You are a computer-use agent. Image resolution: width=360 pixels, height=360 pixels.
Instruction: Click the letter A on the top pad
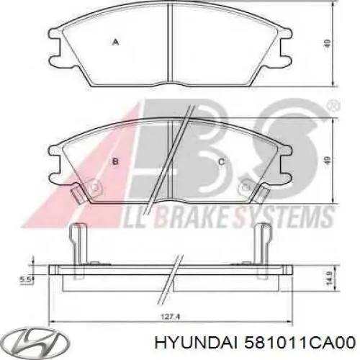pyautogui.click(x=114, y=42)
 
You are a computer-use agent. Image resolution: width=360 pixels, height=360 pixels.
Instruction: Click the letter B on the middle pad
pyautogui.click(x=115, y=162)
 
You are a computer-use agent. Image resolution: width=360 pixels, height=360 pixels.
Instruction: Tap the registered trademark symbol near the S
pyautogui.click(x=333, y=107)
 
